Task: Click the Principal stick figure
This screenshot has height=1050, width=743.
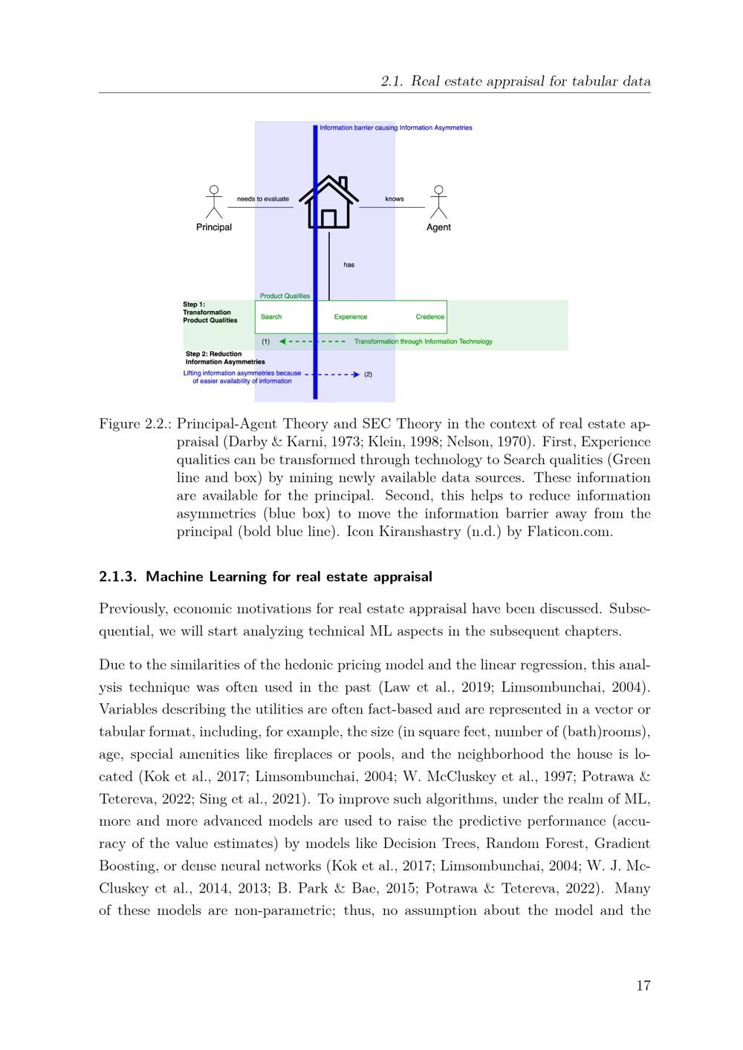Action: click(x=214, y=201)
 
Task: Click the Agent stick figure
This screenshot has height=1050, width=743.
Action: click(x=438, y=201)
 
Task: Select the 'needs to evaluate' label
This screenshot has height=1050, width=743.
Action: click(x=263, y=199)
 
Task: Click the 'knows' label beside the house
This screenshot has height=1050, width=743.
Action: click(x=395, y=199)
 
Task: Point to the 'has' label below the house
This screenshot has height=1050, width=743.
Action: click(x=349, y=264)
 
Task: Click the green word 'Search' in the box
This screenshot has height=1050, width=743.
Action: click(x=271, y=317)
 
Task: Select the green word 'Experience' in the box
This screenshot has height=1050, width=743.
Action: click(x=351, y=317)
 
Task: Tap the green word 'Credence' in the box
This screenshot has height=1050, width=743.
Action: click(x=430, y=317)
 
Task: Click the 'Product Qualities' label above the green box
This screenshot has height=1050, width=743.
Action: click(x=285, y=296)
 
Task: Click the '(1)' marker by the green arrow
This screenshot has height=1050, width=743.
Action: click(x=266, y=342)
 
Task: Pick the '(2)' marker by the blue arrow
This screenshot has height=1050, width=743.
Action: click(x=369, y=374)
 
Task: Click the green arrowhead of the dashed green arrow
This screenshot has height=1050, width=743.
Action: click(x=283, y=342)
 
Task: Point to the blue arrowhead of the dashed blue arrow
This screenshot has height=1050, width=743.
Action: click(x=356, y=374)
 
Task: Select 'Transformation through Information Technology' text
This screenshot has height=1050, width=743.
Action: click(x=424, y=342)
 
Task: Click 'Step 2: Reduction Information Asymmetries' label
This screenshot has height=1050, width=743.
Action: click(x=225, y=358)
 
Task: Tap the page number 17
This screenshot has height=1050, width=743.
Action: click(x=643, y=985)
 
